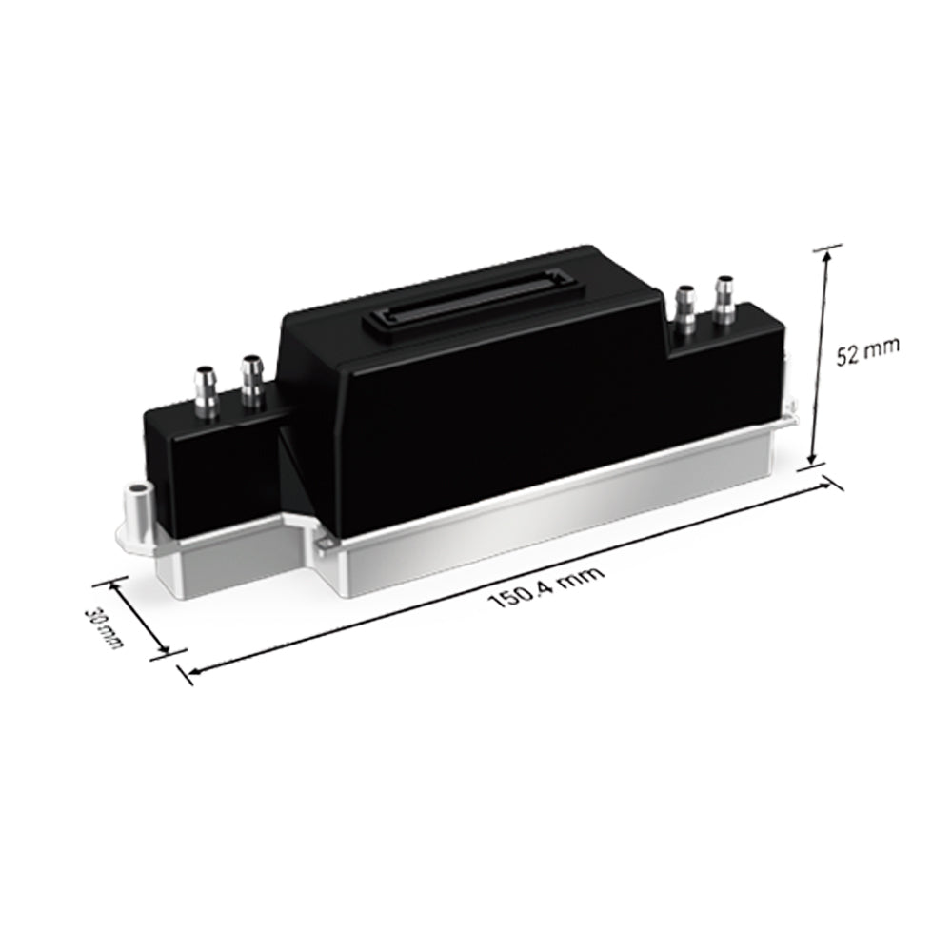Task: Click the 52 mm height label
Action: (867, 353)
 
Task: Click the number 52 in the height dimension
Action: (849, 355)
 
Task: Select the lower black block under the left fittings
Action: (209, 466)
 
